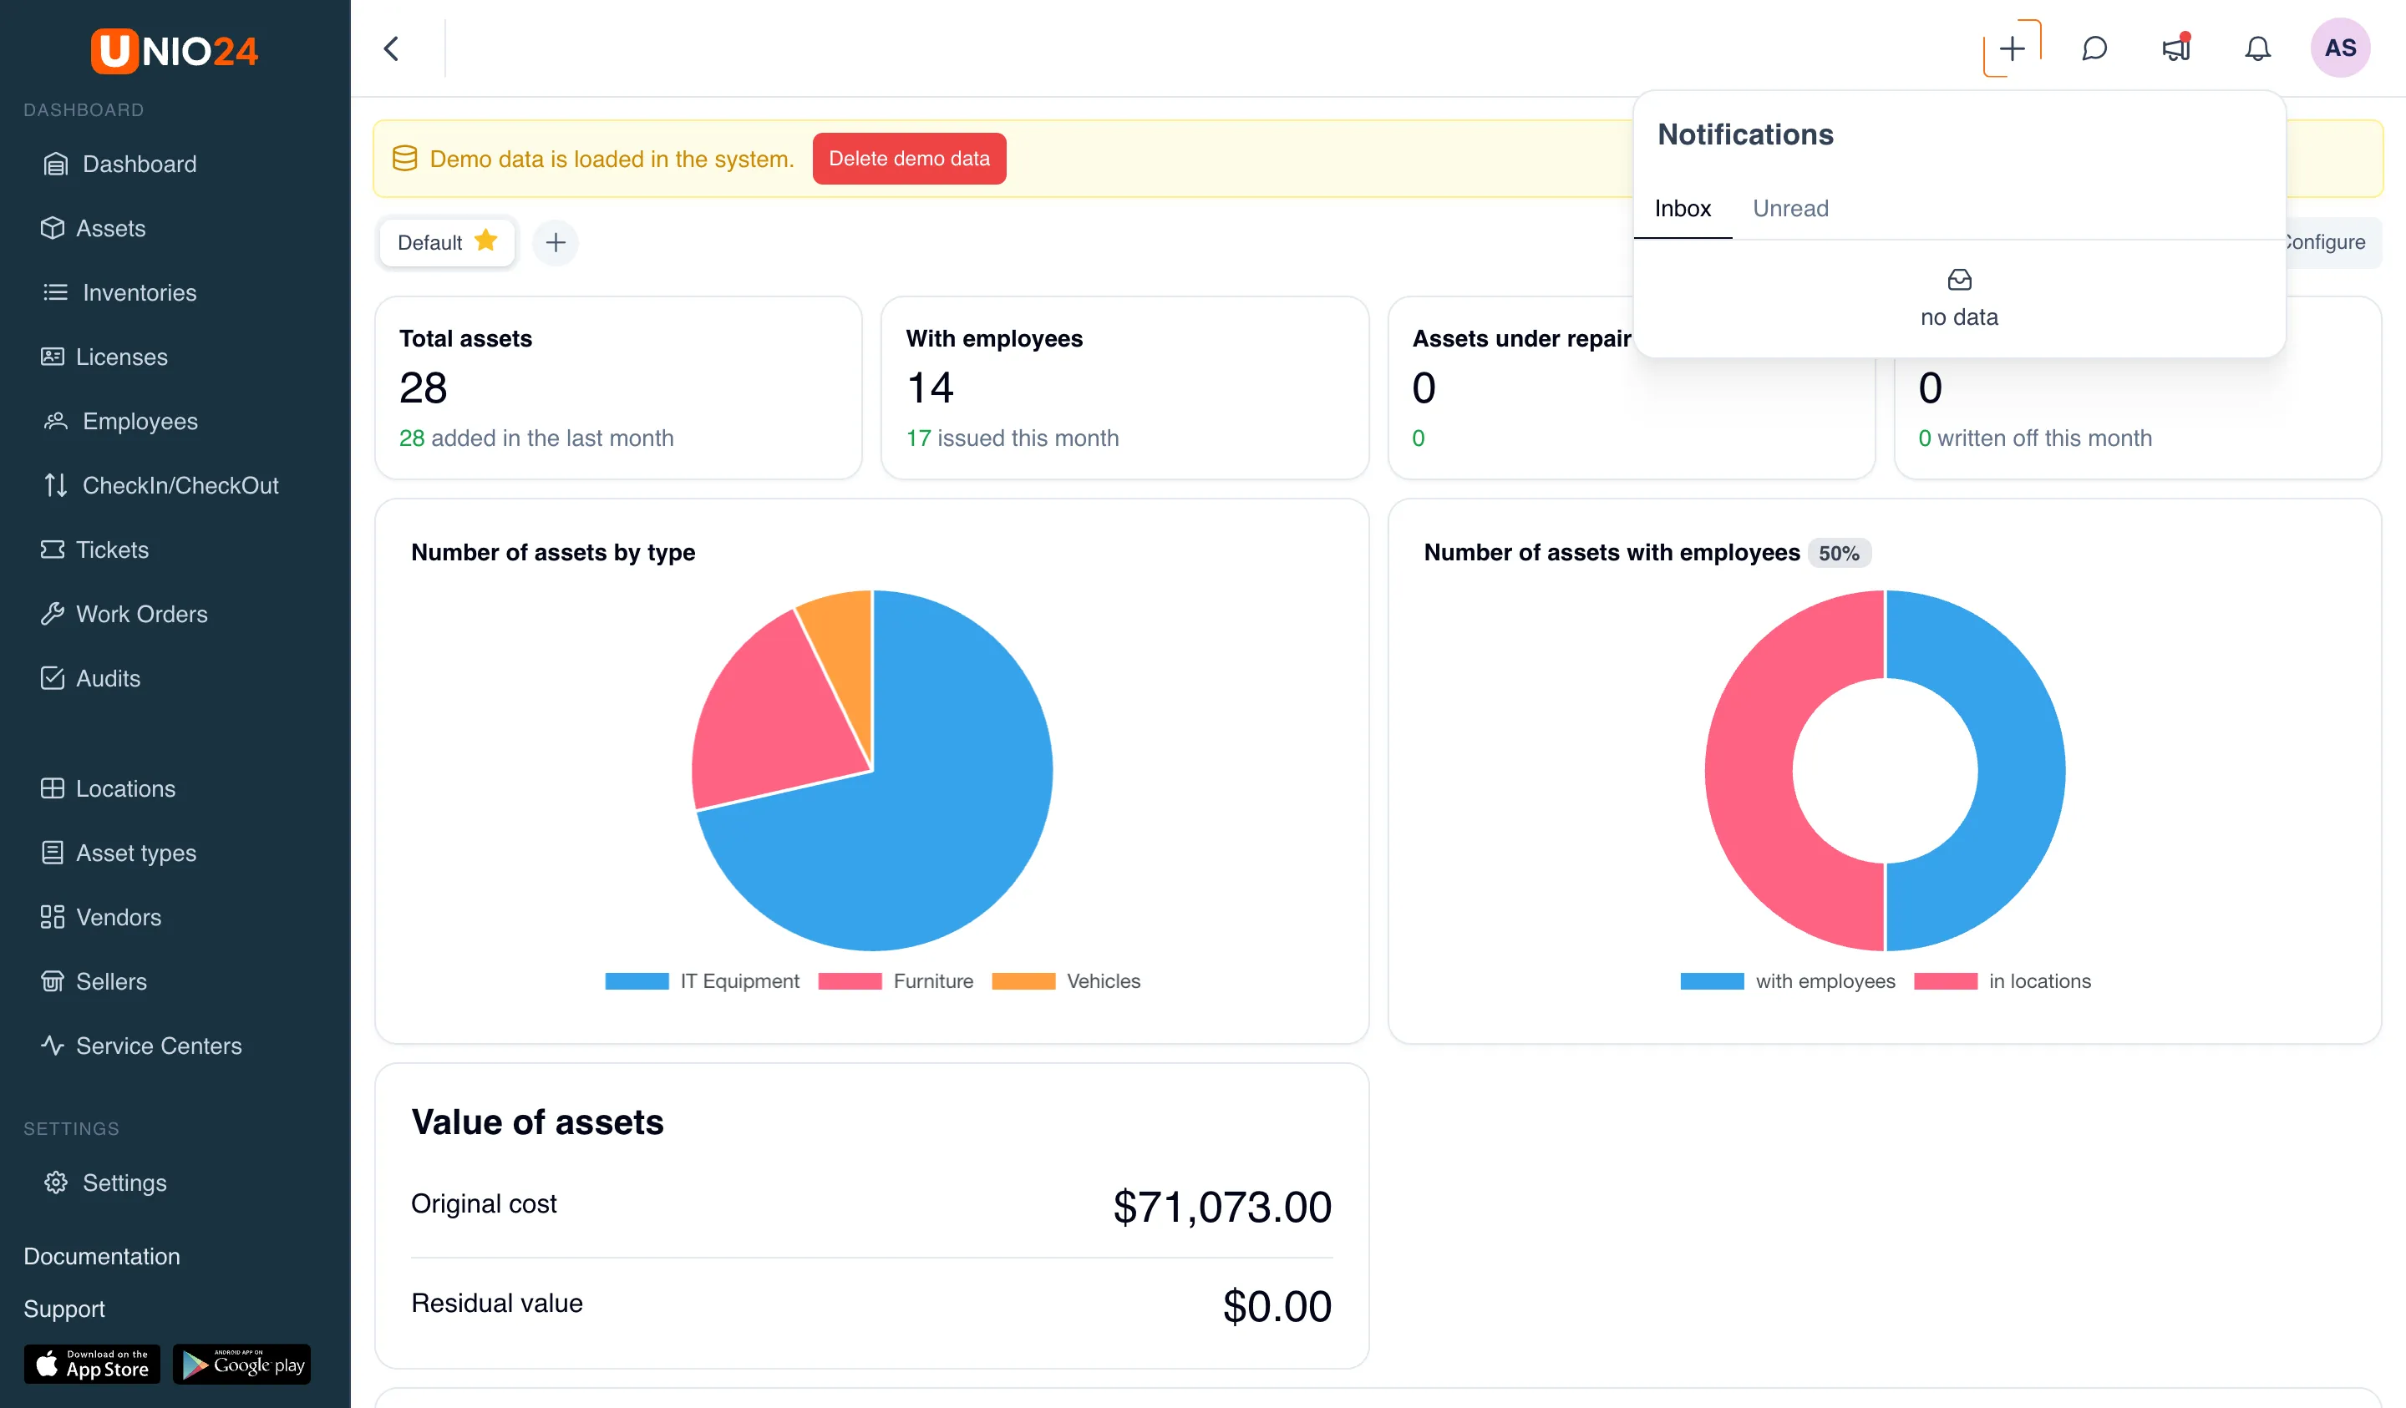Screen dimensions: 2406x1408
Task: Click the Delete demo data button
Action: pyautogui.click(x=909, y=159)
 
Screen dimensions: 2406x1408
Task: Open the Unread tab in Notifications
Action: pyautogui.click(x=1790, y=208)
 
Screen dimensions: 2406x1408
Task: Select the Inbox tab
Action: pyautogui.click(x=1683, y=208)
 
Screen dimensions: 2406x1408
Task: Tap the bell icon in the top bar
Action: pyautogui.click(x=2257, y=48)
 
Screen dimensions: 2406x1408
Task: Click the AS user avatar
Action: pyautogui.click(x=2340, y=48)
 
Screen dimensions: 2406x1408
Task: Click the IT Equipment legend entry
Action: pyautogui.click(x=702, y=980)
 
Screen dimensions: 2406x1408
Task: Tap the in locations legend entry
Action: pyautogui.click(x=2002, y=980)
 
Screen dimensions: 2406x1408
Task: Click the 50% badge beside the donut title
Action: pyautogui.click(x=1839, y=553)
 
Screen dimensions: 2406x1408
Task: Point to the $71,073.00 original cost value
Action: pyautogui.click(x=1222, y=1207)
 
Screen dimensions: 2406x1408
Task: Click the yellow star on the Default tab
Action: pyautogui.click(x=486, y=240)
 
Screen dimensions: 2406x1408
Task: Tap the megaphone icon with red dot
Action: pyautogui.click(x=2176, y=48)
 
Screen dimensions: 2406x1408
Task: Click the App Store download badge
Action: pyautogui.click(x=92, y=1364)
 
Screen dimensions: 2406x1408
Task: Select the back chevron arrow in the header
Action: pyautogui.click(x=392, y=48)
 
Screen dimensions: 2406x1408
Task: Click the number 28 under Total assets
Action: pyautogui.click(x=423, y=387)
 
